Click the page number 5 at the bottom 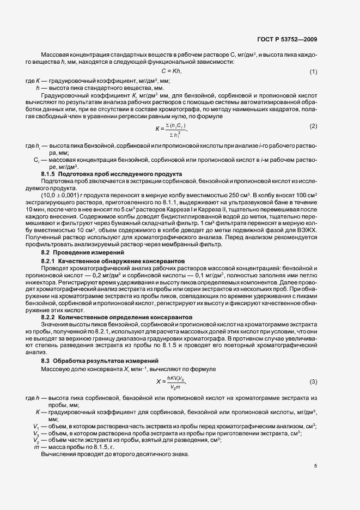[x=315, y=465]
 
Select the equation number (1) [x=313, y=72]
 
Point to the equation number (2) [x=313, y=126]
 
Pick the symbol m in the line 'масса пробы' [x=36, y=446]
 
